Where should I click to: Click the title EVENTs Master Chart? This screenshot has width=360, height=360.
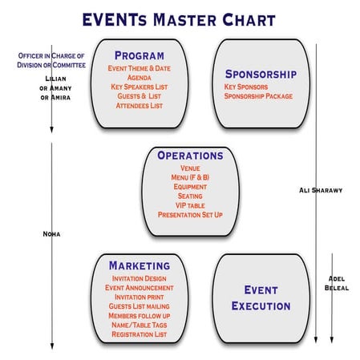click(180, 19)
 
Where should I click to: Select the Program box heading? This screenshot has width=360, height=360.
click(140, 56)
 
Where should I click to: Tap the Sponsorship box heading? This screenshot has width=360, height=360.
click(260, 74)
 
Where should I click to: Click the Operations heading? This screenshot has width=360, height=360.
click(190, 156)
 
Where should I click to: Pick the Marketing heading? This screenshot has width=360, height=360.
click(140, 265)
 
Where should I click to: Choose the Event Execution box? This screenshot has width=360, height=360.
click(261, 297)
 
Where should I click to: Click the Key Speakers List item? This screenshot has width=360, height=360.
click(140, 87)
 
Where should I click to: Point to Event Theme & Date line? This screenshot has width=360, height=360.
click(140, 69)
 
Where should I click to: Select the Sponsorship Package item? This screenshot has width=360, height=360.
click(258, 96)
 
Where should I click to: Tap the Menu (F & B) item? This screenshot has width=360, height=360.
click(190, 177)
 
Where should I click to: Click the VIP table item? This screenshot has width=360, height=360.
click(190, 205)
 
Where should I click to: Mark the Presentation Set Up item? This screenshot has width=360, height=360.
click(190, 215)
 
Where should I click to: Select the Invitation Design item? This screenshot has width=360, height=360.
click(140, 277)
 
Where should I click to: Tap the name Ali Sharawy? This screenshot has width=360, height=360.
click(321, 190)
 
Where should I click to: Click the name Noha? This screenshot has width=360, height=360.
click(51, 234)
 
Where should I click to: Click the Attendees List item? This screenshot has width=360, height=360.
click(140, 105)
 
